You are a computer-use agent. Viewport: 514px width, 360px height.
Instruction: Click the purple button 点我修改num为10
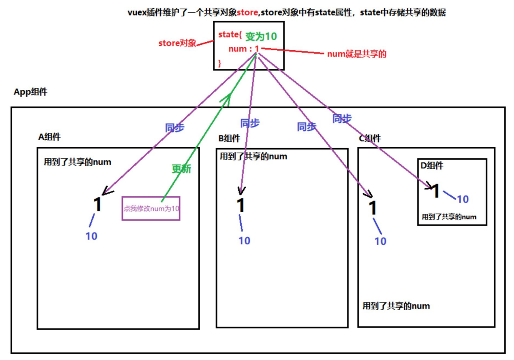click(151, 208)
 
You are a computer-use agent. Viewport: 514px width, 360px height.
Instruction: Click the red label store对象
click(177, 43)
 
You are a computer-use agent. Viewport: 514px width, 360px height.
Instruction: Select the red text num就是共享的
click(357, 54)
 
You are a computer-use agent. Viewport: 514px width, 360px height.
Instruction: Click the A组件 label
click(49, 137)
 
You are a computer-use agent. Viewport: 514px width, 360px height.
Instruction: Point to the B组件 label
click(229, 138)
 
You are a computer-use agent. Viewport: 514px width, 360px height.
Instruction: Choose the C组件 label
click(370, 138)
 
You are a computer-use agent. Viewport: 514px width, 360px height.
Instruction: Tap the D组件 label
click(432, 166)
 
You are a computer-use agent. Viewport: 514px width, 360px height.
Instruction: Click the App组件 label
click(30, 92)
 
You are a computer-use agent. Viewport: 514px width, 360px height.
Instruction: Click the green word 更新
click(181, 169)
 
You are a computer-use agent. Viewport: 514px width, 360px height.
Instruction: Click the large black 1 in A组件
click(98, 205)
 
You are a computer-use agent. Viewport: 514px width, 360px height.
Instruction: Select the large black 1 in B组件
click(241, 206)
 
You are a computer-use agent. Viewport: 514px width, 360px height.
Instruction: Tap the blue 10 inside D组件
click(463, 199)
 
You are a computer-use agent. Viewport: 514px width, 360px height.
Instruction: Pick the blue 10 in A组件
click(91, 236)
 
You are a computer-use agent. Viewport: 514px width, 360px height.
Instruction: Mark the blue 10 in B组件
click(245, 241)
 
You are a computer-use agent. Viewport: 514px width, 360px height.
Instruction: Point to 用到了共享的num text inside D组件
click(449, 217)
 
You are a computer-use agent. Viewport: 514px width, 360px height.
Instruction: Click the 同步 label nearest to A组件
click(174, 128)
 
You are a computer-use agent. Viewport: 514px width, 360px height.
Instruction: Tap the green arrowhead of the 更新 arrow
click(227, 99)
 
